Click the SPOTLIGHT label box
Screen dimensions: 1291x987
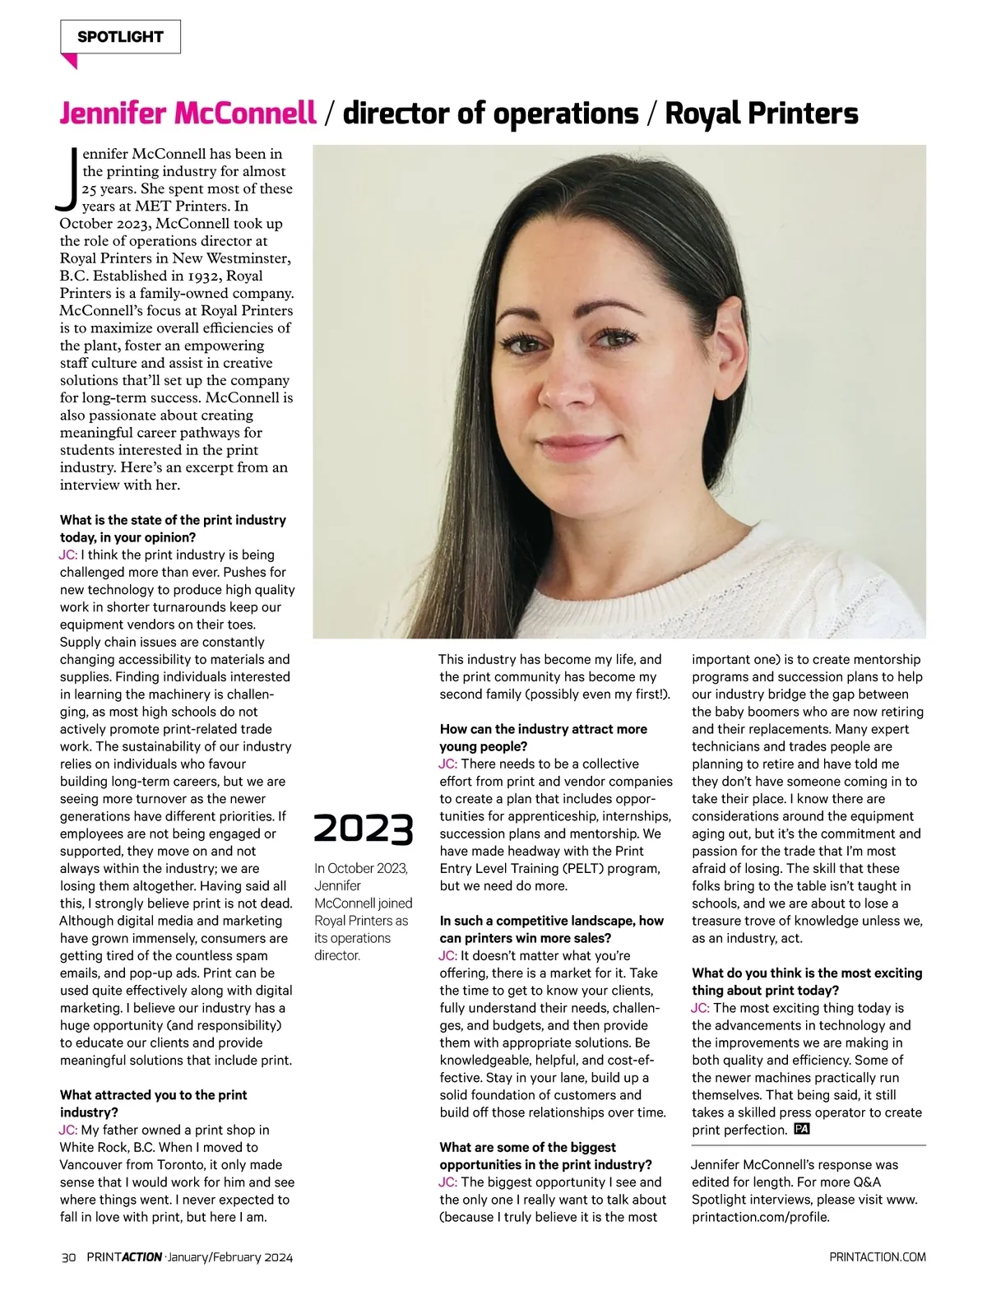click(120, 37)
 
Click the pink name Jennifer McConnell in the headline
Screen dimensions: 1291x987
click(188, 114)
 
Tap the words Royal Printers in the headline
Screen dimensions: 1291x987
click(761, 114)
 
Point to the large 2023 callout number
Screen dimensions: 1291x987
click(363, 829)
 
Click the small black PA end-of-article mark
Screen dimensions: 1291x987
click(802, 1129)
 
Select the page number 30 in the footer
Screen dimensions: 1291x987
click(69, 1257)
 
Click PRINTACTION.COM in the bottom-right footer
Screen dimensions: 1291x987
click(878, 1257)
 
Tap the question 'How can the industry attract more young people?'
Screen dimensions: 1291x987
click(543, 738)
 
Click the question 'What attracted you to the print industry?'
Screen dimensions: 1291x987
click(153, 1103)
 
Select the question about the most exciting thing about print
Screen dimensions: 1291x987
click(806, 982)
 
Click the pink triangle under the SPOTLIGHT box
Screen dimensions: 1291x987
click(70, 61)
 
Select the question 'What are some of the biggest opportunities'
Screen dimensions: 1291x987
click(545, 1155)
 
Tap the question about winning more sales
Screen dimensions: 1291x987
click(551, 929)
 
